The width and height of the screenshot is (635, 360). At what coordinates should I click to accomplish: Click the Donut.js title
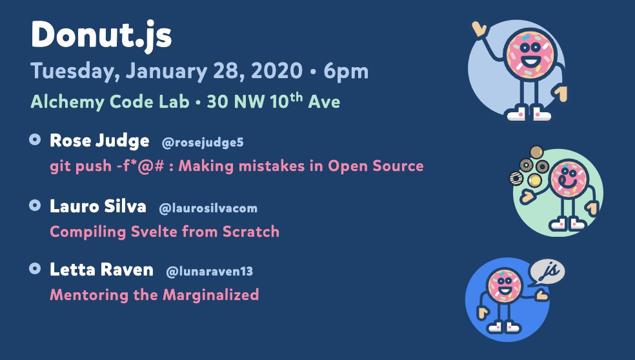pos(101,35)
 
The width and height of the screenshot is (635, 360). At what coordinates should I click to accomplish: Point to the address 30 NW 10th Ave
pos(273,101)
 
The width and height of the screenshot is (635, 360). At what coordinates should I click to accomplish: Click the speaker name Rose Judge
pos(99,141)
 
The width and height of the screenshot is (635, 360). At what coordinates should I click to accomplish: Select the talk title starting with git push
pos(236,166)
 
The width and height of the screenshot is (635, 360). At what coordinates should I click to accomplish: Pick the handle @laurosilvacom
pos(208,208)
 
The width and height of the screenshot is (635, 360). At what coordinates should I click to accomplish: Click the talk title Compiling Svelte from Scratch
pos(165,231)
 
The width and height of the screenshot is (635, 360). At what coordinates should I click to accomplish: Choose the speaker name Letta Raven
pos(101,270)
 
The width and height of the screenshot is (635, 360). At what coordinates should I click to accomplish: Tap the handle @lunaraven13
pos(210,272)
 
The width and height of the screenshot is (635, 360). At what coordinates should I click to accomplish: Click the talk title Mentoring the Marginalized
pos(154,295)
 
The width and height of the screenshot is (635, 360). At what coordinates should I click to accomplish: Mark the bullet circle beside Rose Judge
pos(35,139)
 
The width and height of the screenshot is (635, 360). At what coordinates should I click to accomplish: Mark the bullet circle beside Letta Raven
pos(35,268)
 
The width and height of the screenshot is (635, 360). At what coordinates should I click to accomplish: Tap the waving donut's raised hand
pos(479,29)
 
